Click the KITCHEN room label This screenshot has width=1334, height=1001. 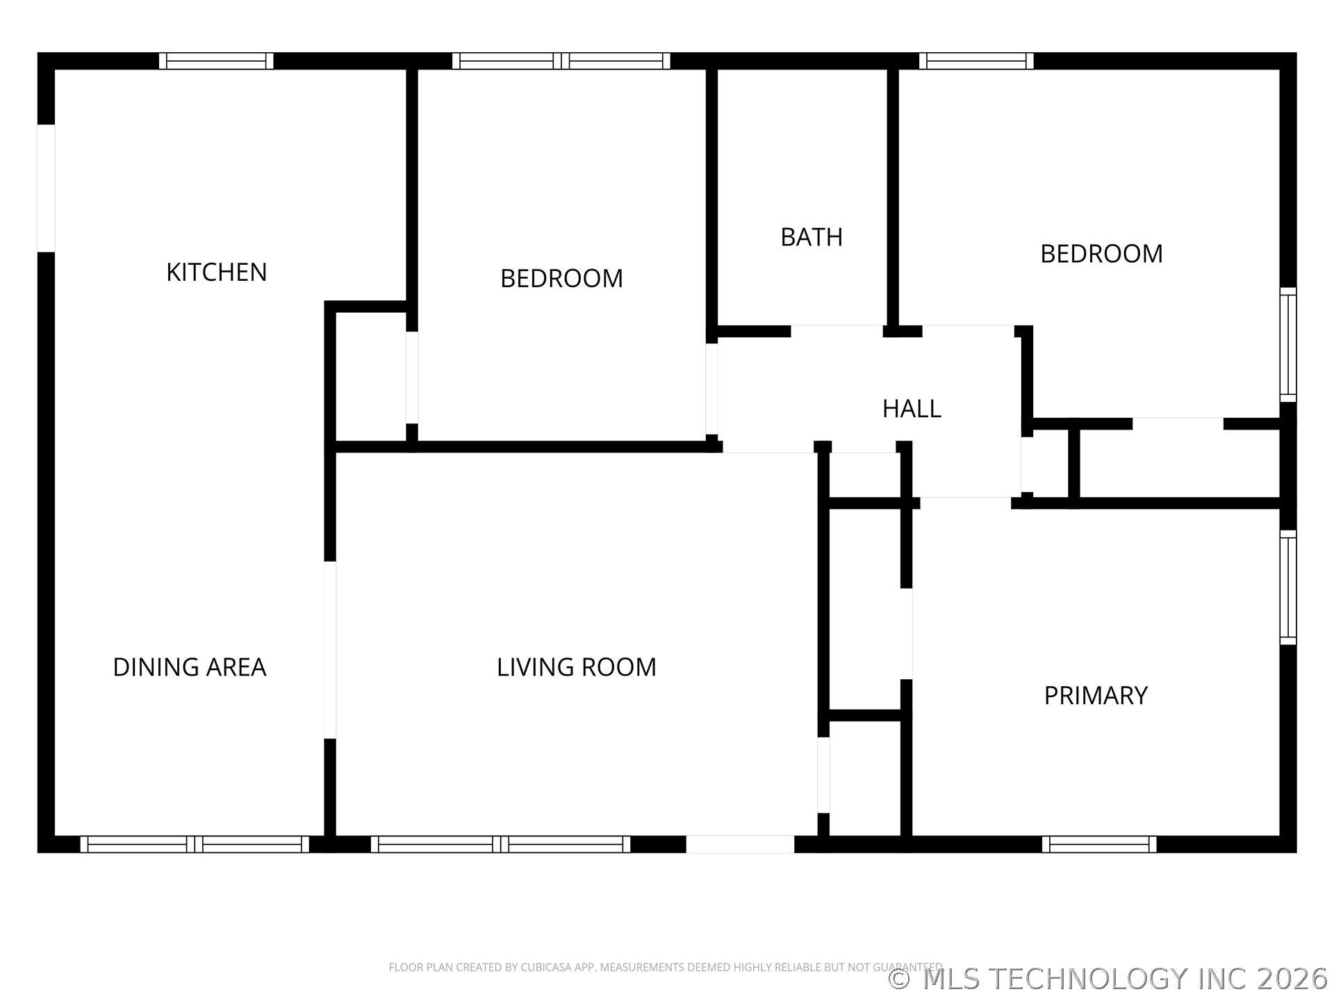coord(216,272)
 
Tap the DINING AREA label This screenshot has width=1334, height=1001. coord(189,667)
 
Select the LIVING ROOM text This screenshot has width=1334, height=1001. coord(576,667)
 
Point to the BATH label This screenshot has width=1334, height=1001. coord(811,237)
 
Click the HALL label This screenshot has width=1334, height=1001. coord(911,409)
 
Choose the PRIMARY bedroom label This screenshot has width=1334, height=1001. coord(1095,695)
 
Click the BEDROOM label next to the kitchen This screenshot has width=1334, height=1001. coord(561,278)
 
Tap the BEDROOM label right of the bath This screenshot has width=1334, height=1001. coord(1101,254)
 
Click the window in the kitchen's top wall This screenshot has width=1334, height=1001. coord(216,61)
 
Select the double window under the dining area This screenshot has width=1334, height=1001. coord(195,844)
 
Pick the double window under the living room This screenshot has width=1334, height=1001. coord(500,844)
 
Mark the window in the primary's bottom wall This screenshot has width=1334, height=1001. coord(1098,844)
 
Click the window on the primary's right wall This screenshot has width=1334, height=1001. coord(1287,587)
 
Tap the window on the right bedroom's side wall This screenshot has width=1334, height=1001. coord(1287,344)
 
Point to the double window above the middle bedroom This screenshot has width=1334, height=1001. coord(561,61)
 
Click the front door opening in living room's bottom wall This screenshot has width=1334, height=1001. coord(740,844)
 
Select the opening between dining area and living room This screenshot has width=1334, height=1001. coord(330,649)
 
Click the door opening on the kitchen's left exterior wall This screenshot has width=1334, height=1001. coord(46,188)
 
